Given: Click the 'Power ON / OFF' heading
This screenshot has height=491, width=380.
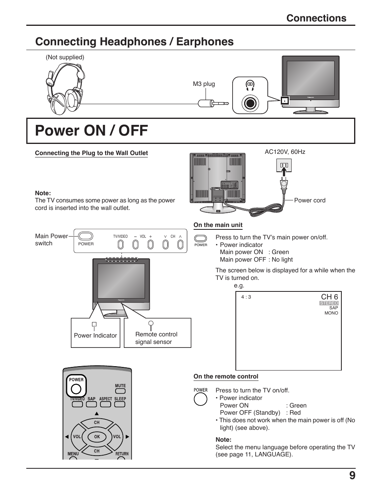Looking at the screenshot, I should coord(91,131).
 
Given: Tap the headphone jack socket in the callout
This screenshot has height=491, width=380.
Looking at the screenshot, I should coord(250,103).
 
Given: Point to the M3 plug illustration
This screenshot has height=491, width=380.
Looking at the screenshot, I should coord(213,103).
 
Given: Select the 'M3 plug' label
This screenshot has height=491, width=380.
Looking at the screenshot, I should coord(204,84).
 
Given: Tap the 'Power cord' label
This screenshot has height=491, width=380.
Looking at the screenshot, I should coord(309,200).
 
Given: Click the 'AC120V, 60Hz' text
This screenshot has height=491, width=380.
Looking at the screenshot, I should coord(285,152).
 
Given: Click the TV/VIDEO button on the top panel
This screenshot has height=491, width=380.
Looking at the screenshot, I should coord(121,245).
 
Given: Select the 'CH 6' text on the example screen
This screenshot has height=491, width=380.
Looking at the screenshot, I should coord(329,297).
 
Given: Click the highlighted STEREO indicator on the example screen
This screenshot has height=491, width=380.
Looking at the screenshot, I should coord(329,303).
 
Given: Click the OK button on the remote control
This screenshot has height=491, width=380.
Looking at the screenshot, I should coord(97,437).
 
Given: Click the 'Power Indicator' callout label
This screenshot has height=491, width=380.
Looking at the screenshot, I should coord(95,335).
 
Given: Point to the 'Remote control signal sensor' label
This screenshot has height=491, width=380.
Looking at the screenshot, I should coord(156,338).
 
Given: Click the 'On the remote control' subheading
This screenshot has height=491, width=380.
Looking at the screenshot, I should coord(225,376).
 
